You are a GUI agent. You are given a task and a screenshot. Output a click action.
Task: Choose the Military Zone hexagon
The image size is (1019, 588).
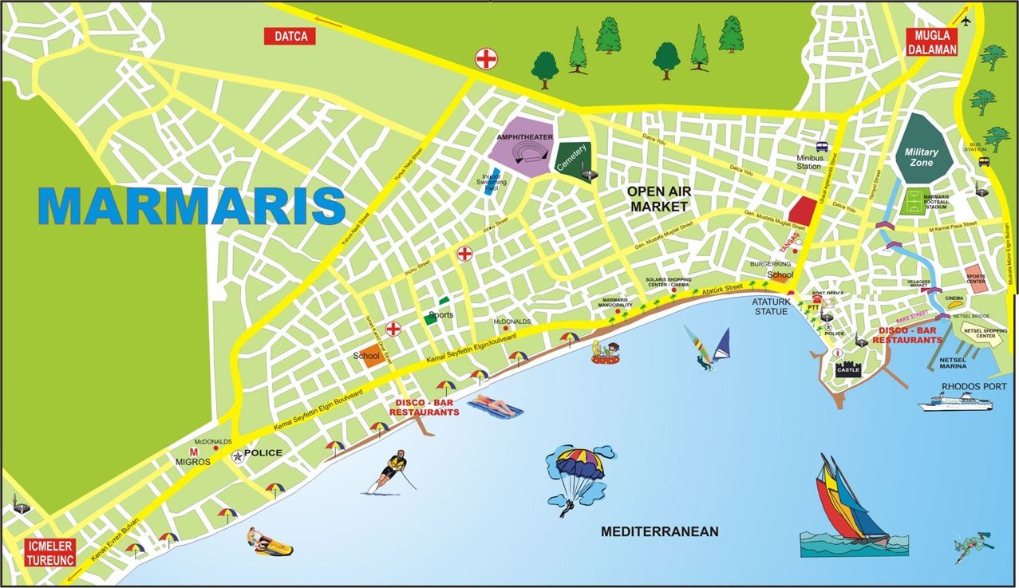click(x=922, y=146)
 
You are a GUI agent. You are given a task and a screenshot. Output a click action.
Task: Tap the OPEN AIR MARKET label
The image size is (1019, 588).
click(x=658, y=199)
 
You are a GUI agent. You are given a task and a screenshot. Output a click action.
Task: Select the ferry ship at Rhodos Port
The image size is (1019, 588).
click(x=955, y=401)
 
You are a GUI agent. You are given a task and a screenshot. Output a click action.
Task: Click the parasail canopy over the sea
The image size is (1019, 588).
click(x=580, y=464)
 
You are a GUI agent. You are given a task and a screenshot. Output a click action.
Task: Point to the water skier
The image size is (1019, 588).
click(x=391, y=473)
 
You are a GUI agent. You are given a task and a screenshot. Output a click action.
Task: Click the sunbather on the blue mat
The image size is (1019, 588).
click(x=495, y=408)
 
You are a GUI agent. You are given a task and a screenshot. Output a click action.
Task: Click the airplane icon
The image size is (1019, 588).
click(x=966, y=20)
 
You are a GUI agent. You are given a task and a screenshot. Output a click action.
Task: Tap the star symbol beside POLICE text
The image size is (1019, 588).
click(x=238, y=456)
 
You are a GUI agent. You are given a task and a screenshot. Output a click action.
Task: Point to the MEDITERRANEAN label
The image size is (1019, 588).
click(x=659, y=531)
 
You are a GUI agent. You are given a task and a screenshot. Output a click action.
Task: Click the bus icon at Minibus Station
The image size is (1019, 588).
click(x=821, y=147)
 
